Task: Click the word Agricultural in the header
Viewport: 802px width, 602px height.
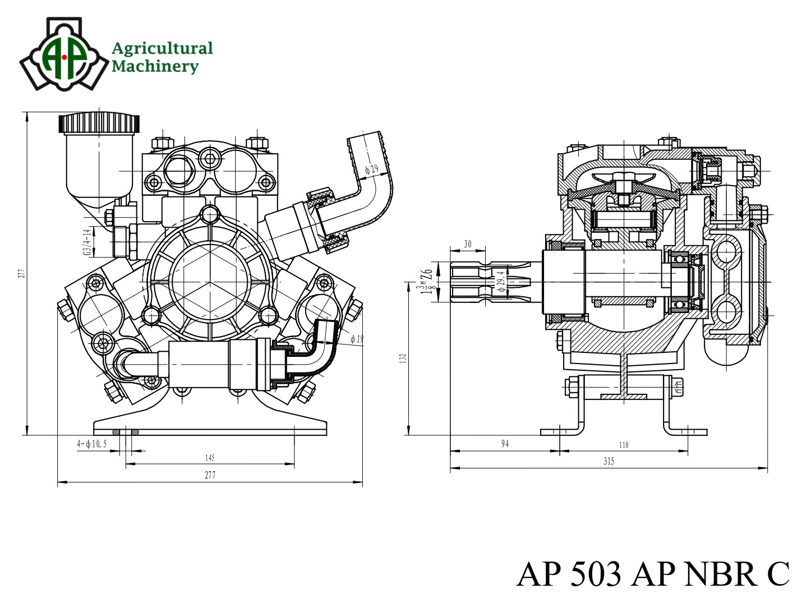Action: click(162, 48)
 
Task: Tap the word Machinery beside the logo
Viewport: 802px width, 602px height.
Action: click(155, 66)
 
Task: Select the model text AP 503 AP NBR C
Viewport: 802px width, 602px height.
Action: click(652, 573)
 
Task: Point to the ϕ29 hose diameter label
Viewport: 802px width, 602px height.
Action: click(371, 168)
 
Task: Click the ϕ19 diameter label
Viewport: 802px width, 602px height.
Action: click(357, 339)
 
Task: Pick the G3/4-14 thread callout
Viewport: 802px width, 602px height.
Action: click(87, 242)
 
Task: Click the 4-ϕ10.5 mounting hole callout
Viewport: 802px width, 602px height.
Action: click(92, 444)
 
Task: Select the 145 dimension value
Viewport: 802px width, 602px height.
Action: click(210, 458)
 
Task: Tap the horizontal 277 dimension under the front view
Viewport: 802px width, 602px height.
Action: click(210, 475)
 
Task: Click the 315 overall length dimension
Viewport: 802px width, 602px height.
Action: click(609, 461)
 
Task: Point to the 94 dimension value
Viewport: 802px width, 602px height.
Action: click(505, 444)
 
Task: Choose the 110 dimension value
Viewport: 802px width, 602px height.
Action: click(624, 444)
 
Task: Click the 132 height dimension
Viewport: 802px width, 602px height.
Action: click(403, 358)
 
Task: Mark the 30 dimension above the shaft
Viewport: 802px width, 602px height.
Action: click(468, 245)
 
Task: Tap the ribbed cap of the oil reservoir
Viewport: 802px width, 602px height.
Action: click(99, 123)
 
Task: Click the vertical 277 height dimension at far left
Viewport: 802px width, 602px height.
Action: click(22, 273)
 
